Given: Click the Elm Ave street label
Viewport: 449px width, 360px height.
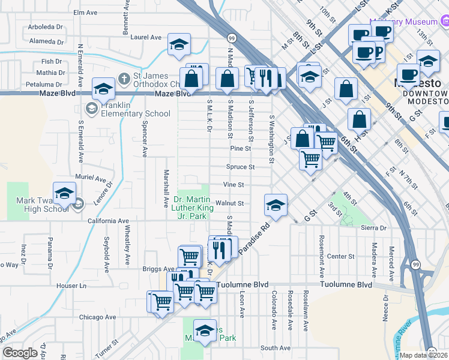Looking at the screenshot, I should (x=85, y=12).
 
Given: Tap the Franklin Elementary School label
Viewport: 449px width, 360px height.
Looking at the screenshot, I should (x=127, y=109).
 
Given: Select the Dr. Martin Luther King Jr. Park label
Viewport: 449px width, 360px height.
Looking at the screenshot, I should (x=191, y=208).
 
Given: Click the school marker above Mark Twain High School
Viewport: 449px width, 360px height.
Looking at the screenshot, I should (x=64, y=193).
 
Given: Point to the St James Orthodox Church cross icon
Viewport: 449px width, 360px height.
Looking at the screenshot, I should (x=124, y=78).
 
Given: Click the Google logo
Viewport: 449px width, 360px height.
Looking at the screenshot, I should (x=20, y=353).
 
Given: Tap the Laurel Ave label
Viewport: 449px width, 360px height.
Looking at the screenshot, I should (x=146, y=37).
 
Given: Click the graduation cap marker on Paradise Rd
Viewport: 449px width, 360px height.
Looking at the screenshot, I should (x=276, y=205).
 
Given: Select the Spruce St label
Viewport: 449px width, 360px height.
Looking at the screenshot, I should (x=240, y=167).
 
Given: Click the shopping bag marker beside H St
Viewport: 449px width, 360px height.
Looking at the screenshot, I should (x=358, y=119).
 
